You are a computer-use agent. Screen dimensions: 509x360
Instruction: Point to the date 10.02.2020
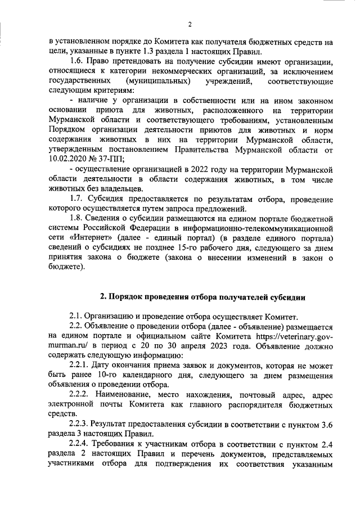68,159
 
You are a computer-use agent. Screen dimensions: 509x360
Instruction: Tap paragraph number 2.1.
76,316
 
